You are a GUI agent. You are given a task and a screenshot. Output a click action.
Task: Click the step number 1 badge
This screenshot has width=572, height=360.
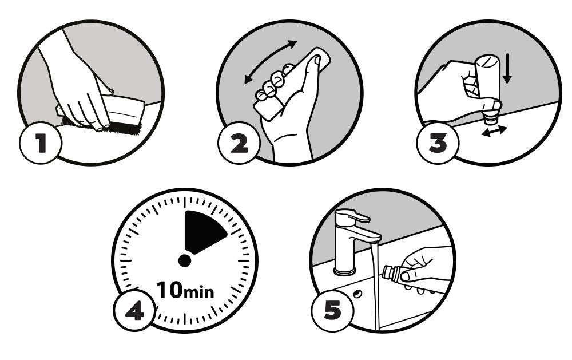coord(41,143)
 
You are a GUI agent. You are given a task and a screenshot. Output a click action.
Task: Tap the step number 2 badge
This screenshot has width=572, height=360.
coord(239,143)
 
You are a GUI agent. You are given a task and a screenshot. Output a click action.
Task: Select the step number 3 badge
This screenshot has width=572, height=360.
coord(438,143)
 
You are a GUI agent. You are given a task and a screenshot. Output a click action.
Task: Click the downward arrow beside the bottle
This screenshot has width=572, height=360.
coord(507,69)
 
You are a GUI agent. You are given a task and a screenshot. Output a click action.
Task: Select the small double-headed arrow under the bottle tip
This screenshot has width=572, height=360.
coord(494,131)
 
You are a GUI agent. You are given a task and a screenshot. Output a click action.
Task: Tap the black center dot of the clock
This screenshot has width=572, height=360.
coord(185,260)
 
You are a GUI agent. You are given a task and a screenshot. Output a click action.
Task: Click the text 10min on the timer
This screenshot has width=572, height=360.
coord(185,290)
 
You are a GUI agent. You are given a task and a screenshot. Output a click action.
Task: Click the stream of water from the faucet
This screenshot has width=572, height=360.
coord(375,285)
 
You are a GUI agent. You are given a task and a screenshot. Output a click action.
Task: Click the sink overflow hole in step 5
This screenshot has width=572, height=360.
coord(357,294)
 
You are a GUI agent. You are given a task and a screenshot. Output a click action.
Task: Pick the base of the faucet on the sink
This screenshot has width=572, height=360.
coord(345,271)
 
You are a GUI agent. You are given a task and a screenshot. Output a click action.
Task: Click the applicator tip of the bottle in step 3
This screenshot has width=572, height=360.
coord(490,117)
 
